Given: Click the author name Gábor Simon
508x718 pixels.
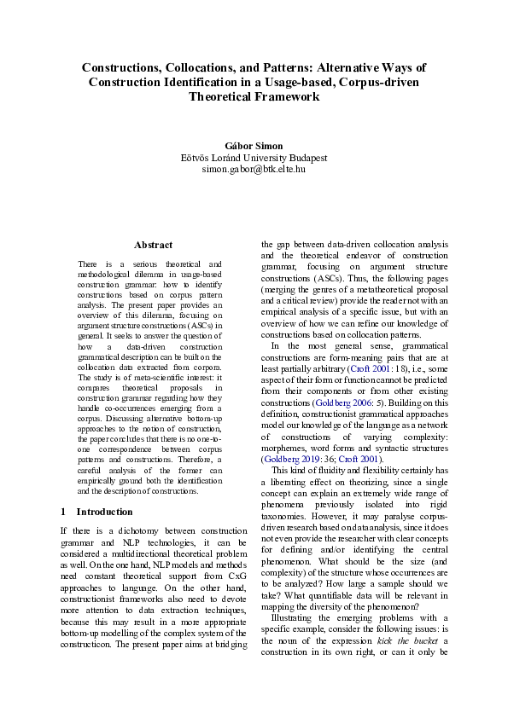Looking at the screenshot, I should [254, 145].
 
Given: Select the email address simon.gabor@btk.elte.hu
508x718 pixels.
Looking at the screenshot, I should [254, 170].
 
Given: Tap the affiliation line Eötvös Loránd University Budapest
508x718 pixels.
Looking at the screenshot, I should [254, 158].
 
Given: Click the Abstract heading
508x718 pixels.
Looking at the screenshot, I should [154, 245].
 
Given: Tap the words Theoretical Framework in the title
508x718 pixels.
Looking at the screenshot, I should [254, 96].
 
